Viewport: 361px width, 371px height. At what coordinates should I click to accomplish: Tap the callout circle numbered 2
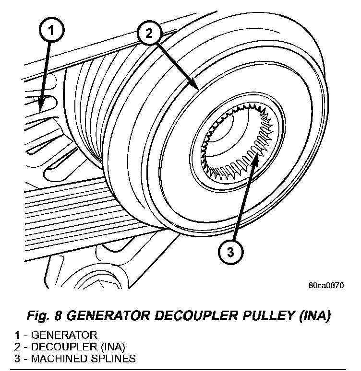[x=148, y=34]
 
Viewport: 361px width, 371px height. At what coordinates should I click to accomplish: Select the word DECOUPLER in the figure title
[x=184, y=316]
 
